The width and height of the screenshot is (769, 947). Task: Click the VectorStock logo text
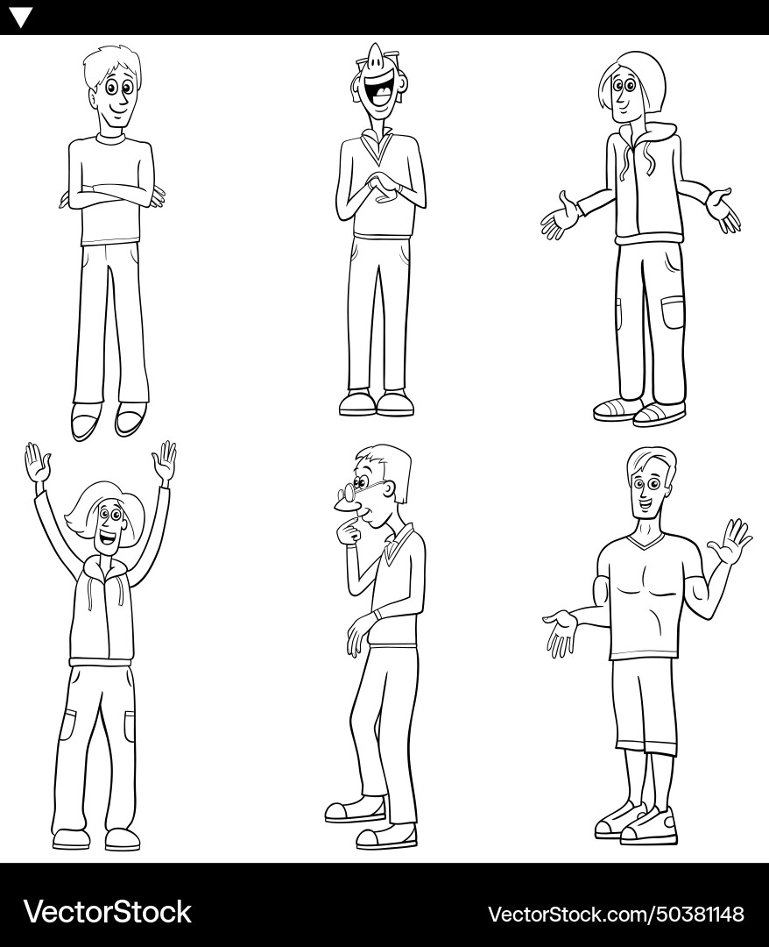coord(107,912)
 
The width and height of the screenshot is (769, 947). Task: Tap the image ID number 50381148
coord(693,914)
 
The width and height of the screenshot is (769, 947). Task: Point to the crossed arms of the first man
coord(112,196)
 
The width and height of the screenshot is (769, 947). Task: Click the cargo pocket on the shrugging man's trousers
coord(672,312)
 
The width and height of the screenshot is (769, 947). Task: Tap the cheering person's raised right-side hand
coord(165,459)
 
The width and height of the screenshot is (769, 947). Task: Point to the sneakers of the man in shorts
coord(637,823)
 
